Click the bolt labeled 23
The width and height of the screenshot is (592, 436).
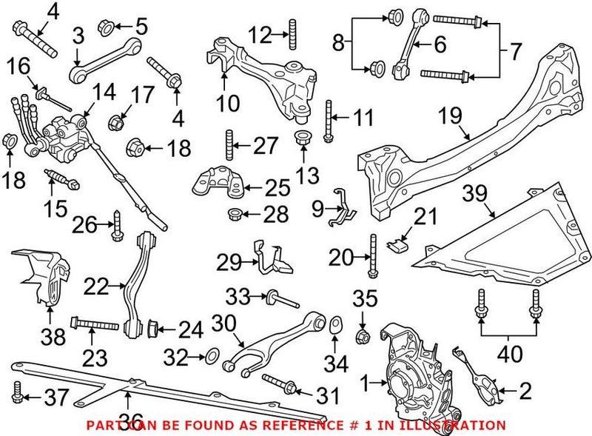click(94, 324)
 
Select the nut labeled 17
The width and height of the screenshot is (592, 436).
click(116, 120)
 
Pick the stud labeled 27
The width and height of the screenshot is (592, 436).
click(229, 144)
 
